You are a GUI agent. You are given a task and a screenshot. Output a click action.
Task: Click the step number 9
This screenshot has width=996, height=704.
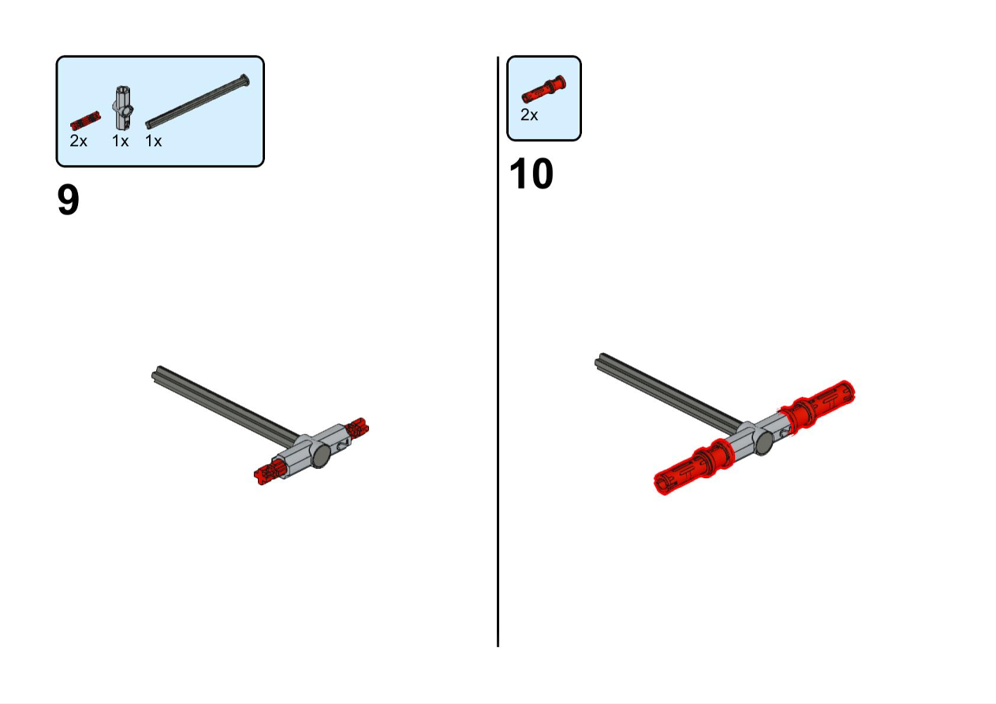click(x=69, y=200)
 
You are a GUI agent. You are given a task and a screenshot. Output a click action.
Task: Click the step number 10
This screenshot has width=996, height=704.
click(x=532, y=174)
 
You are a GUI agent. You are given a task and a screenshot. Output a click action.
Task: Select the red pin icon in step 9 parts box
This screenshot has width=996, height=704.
click(x=85, y=121)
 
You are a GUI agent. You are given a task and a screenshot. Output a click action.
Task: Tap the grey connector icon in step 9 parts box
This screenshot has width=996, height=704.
click(x=123, y=107)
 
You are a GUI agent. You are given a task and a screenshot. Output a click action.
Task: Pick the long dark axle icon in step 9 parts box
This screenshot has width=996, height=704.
click(x=198, y=102)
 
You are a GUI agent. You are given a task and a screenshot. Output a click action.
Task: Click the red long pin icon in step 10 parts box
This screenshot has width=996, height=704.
click(x=544, y=89)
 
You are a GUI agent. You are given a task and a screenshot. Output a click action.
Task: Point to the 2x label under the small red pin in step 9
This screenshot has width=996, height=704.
click(x=78, y=141)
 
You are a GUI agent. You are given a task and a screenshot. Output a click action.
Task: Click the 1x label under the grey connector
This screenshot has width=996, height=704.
click(x=120, y=141)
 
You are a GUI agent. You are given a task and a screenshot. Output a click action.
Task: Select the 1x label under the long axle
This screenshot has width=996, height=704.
click(x=154, y=141)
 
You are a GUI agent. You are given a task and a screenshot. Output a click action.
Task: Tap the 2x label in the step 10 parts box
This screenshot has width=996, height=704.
click(x=529, y=115)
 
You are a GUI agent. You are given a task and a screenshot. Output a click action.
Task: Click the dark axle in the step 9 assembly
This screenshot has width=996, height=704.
click(x=225, y=406)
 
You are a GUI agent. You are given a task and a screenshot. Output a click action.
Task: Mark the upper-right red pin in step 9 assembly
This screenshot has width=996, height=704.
click(x=357, y=427)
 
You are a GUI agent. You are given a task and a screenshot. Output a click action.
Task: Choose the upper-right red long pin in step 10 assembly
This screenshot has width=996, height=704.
click(x=817, y=406)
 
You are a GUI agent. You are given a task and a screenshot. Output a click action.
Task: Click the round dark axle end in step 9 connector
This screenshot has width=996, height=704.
click(x=321, y=456)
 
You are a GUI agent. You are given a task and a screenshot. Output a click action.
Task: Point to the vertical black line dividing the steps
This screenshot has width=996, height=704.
click(x=498, y=351)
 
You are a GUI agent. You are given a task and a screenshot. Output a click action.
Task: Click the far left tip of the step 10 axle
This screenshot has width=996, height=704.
click(x=596, y=363)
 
